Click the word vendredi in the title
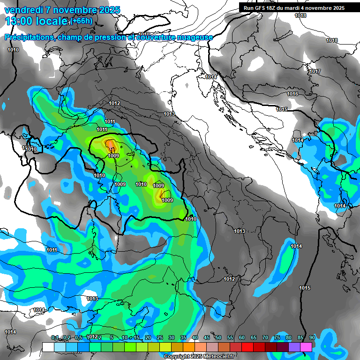(23, 10)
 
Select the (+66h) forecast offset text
(82, 21)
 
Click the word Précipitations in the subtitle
(28, 37)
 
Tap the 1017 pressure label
(315, 72)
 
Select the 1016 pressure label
(292, 94)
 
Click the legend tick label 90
(312, 337)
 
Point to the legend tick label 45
(207, 337)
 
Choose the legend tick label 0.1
(55, 337)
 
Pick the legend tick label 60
(242, 337)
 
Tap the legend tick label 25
(160, 337)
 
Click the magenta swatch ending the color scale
(306, 347)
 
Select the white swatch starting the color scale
(48, 347)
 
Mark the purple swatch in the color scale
(294, 347)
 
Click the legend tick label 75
(277, 337)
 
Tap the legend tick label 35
(183, 337)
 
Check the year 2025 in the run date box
(338, 8)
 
